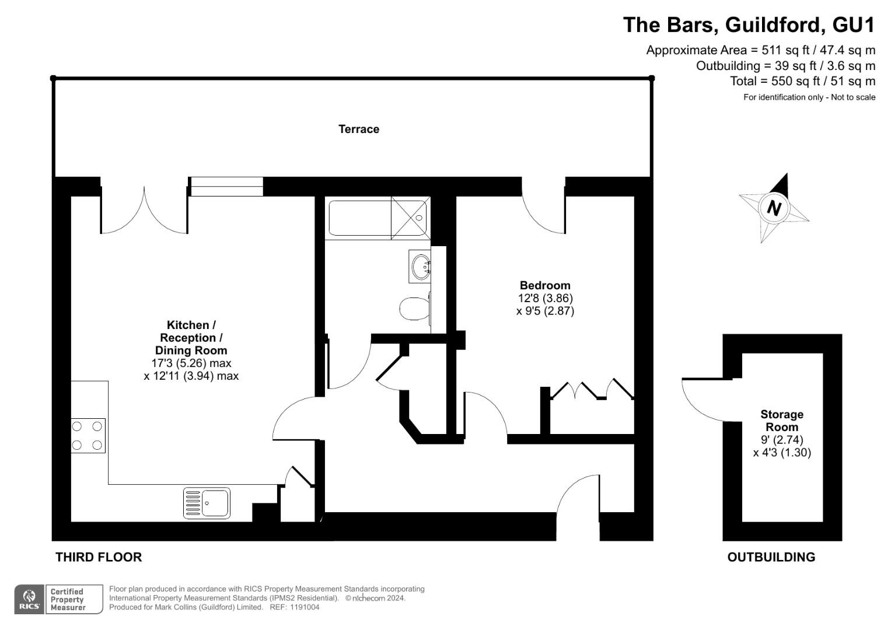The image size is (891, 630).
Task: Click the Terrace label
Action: pos(358,129)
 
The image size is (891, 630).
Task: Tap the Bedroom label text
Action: pos(544,285)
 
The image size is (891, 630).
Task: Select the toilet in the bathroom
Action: pos(414,308)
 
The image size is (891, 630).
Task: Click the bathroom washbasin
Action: pos(420,267)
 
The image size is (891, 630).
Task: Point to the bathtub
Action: pos(359,218)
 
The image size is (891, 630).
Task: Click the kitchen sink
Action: pos(207,502)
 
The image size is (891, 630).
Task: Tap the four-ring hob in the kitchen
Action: pos(88,436)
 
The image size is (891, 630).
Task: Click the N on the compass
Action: pos(774,208)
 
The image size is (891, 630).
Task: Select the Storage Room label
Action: pos(782,421)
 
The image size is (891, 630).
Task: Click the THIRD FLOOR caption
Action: pos(99,557)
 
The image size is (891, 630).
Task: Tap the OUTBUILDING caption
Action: pos(771,557)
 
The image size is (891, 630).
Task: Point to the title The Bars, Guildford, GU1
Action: pos(749,25)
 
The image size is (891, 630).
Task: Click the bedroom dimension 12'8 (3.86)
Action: pos(545,298)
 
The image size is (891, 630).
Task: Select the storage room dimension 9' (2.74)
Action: pos(782,440)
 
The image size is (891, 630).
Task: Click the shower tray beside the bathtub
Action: pos(410,218)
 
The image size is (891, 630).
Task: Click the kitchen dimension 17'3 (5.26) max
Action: pos(191,363)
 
